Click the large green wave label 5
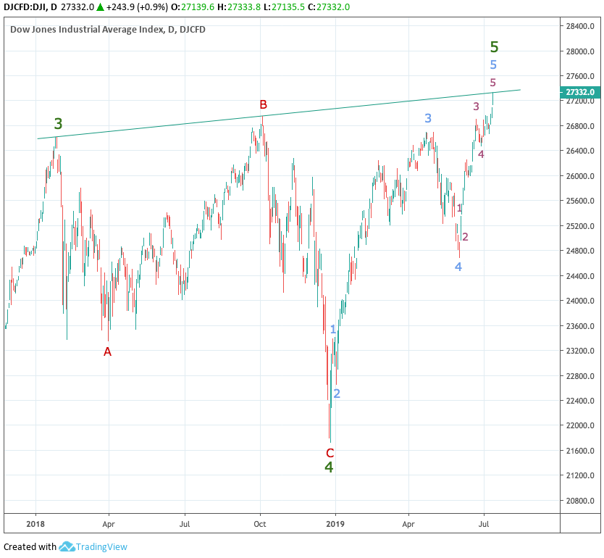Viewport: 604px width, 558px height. tap(494, 47)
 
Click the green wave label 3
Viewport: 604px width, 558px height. tap(58, 124)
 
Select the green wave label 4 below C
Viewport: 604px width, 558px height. tap(329, 467)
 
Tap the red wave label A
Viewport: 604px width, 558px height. tap(108, 351)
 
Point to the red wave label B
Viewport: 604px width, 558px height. tap(264, 104)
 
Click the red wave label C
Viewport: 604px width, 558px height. tap(330, 452)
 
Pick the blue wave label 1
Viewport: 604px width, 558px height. tap(333, 330)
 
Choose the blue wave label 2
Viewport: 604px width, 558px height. tap(337, 393)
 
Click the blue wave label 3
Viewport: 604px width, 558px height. tap(428, 118)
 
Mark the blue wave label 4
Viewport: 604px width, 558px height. tap(458, 267)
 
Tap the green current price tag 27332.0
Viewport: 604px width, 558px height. tap(579, 92)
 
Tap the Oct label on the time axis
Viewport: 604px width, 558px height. tap(261, 522)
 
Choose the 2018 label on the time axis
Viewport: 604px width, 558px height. tap(35, 522)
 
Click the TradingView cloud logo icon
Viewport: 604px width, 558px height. tap(67, 547)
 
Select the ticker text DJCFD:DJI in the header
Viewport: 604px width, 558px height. tap(25, 7)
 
